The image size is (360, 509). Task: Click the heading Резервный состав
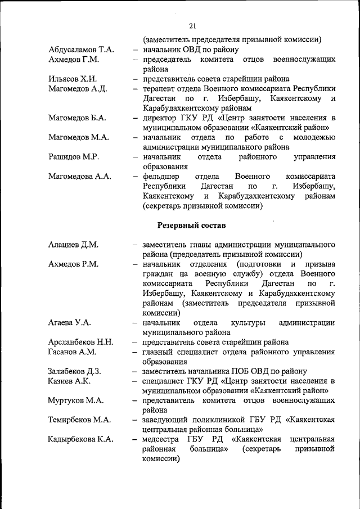pyautogui.click(x=191, y=226)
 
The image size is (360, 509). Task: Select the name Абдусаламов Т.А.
pyautogui.click(x=82, y=49)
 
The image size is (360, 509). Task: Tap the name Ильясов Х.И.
pyautogui.click(x=73, y=79)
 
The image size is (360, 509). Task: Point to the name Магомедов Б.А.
pyautogui.click(x=78, y=118)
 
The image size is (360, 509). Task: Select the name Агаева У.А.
pyautogui.click(x=70, y=323)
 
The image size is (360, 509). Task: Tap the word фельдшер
pyautogui.click(x=163, y=176)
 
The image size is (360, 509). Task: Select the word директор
pyautogui.click(x=161, y=118)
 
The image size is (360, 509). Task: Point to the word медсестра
pyautogui.click(x=163, y=439)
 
